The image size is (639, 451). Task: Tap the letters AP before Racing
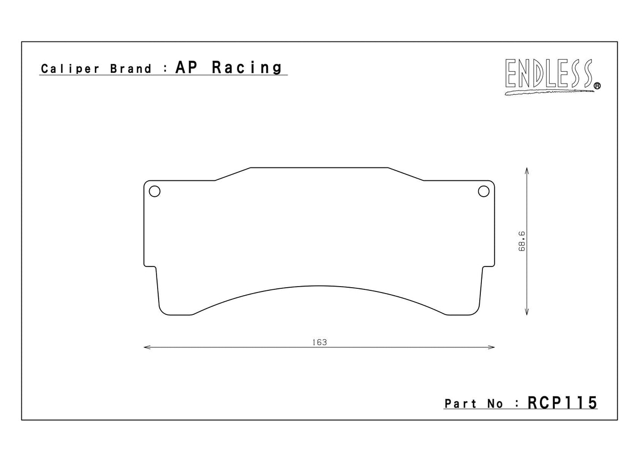(x=187, y=68)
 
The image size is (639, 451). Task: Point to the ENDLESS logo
(x=548, y=74)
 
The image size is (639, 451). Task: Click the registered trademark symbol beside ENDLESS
(x=597, y=85)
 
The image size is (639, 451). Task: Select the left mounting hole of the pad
(x=154, y=191)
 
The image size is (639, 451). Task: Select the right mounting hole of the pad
(x=484, y=191)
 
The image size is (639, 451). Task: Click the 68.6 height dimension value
(x=523, y=241)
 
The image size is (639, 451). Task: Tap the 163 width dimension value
(x=319, y=342)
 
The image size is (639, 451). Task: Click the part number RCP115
(x=562, y=403)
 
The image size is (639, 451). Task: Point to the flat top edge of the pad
(x=319, y=168)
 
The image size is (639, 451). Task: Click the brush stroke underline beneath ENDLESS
(x=548, y=93)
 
